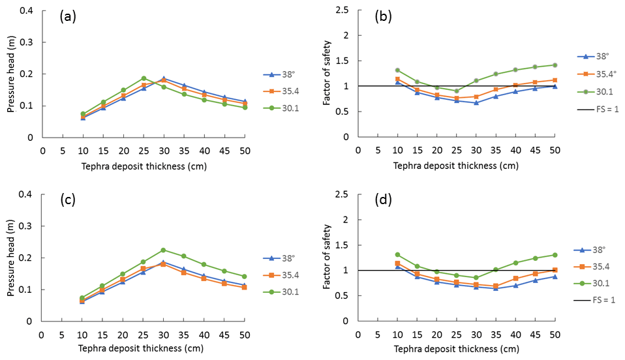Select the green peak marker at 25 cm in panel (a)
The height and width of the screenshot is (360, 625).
click(144, 78)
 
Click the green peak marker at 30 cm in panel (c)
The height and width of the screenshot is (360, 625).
click(163, 250)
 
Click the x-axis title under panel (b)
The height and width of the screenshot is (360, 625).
click(456, 166)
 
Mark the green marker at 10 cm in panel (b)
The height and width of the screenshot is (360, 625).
click(397, 70)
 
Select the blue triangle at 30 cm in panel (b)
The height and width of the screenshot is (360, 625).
click(477, 103)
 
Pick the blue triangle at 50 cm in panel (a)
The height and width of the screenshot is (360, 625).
click(245, 102)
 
